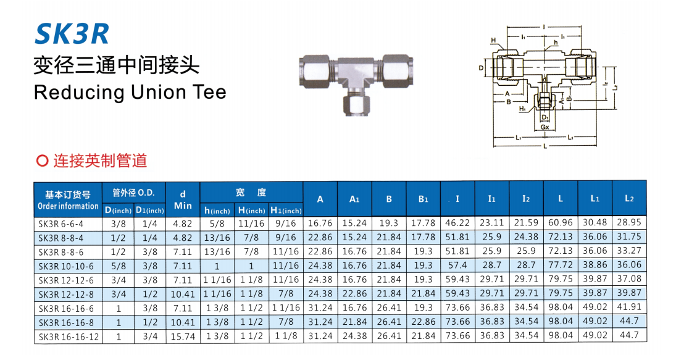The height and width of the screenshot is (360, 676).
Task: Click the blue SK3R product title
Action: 72,35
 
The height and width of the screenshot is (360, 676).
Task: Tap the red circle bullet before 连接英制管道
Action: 42,161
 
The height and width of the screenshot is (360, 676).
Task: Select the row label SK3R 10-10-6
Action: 66,266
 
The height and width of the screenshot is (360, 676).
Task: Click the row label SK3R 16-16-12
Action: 69,337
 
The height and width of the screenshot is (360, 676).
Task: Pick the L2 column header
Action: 630,198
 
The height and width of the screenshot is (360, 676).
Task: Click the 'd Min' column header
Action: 183,200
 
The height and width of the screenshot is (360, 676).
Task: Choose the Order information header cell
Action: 68,200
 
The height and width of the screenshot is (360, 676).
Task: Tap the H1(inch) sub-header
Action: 286,211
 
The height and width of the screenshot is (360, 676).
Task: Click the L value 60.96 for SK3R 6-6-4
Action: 561,223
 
